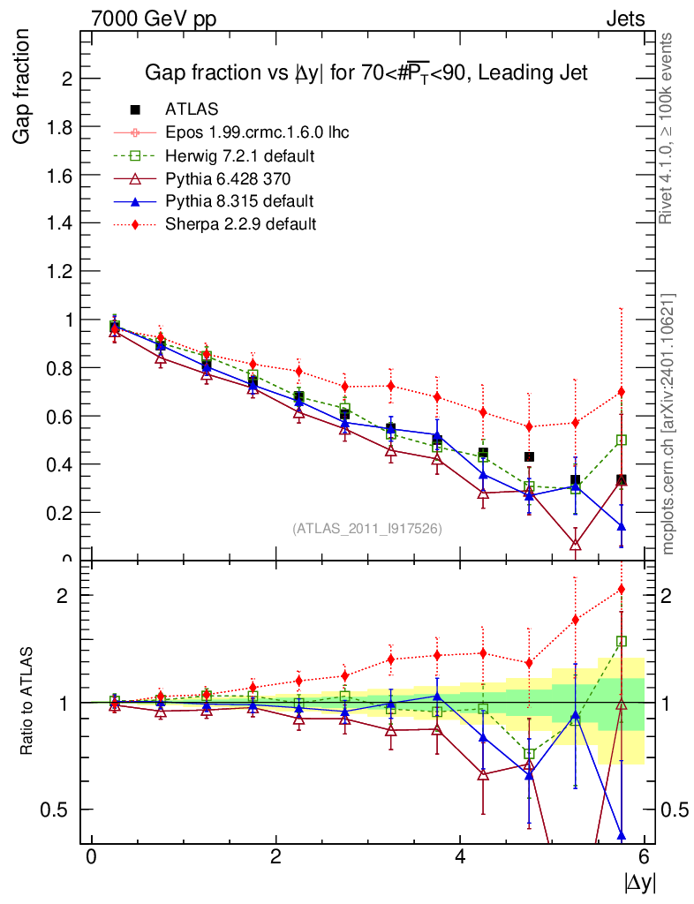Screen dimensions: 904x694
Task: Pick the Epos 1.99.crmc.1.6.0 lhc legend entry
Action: point(257,132)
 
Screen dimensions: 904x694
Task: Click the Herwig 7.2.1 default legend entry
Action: point(240,155)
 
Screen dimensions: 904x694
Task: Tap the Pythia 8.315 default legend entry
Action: point(239,201)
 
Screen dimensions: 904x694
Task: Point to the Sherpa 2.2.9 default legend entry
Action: point(241,224)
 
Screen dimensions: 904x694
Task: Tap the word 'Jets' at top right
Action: point(624,19)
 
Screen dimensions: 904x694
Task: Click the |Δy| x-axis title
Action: point(640,881)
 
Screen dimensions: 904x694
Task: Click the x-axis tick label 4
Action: point(461,856)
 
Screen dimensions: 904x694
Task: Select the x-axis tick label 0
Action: point(91,856)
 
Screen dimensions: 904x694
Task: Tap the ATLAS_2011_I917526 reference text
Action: point(367,528)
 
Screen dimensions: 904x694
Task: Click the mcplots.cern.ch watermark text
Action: point(669,424)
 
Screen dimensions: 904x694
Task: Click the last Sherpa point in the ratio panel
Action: point(622,589)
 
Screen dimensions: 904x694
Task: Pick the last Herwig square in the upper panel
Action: point(622,440)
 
